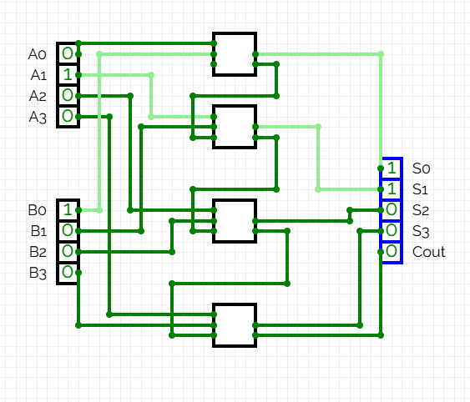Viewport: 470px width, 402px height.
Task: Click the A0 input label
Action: pyautogui.click(x=37, y=54)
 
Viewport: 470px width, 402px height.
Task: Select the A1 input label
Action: pyautogui.click(x=37, y=75)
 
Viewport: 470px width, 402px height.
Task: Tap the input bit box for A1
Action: pyautogui.click(x=67, y=75)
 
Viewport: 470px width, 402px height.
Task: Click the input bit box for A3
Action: pyautogui.click(x=67, y=116)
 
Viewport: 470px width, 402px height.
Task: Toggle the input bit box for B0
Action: pyautogui.click(x=67, y=210)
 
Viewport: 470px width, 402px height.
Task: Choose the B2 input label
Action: pyautogui.click(x=37, y=251)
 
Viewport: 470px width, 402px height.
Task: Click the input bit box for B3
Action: pyautogui.click(x=67, y=272)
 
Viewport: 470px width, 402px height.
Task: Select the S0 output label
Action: pyautogui.click(x=421, y=168)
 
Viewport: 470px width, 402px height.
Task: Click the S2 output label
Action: pyautogui.click(x=421, y=209)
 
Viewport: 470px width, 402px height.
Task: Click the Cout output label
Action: pyautogui.click(x=428, y=251)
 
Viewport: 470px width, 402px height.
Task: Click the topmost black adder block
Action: pyautogui.click(x=234, y=54)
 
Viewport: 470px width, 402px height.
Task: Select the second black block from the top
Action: pyautogui.click(x=234, y=127)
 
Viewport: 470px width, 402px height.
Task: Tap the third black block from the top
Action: pyautogui.click(x=234, y=220)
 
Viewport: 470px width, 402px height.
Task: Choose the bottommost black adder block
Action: pyautogui.click(x=234, y=325)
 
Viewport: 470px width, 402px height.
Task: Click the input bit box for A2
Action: pyautogui.click(x=67, y=95)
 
